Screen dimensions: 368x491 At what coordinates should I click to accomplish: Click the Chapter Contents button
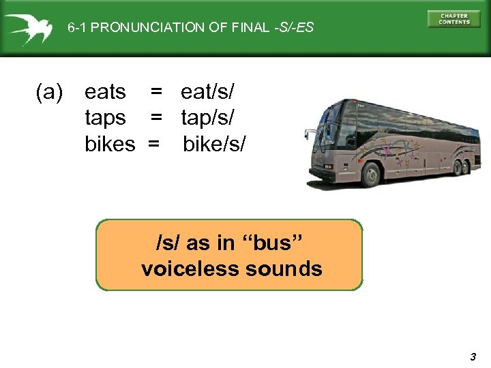[x=453, y=19]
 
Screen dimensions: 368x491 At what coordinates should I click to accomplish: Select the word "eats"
[x=105, y=91]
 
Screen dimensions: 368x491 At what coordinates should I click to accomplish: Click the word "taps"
[x=105, y=118]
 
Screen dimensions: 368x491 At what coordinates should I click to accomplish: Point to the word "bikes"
[x=110, y=144]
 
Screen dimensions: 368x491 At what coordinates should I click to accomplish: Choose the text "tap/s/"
[x=207, y=118]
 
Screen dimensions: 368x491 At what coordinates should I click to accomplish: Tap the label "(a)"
[x=49, y=91]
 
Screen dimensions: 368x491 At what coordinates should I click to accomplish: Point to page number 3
[x=473, y=356]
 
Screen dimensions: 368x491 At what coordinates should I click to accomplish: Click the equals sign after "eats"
[x=157, y=91]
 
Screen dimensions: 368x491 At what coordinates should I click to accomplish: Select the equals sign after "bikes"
[x=154, y=144]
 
